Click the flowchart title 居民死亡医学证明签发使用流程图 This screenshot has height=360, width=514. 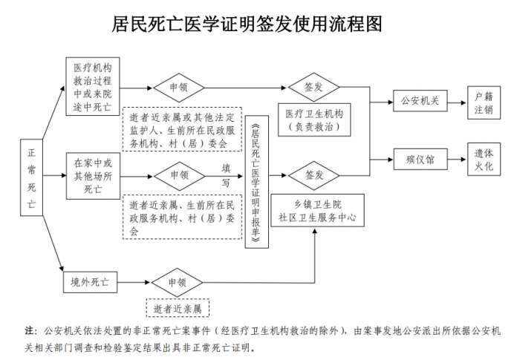[x=257, y=26]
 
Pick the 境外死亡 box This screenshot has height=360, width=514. [x=85, y=283]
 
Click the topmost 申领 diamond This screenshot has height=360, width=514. [x=179, y=86]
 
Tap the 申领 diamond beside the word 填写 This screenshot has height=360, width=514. [x=179, y=176]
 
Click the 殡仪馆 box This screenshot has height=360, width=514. [x=420, y=158]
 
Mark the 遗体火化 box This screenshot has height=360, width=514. [x=484, y=158]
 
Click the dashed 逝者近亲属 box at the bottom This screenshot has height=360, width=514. [x=178, y=307]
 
